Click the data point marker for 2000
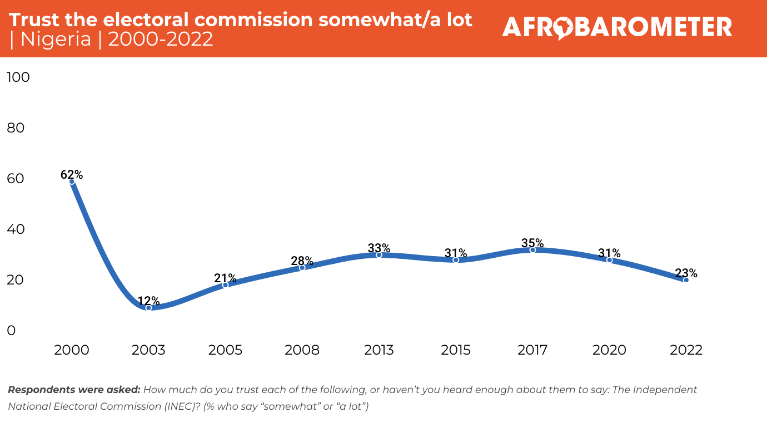(72, 181)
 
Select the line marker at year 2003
(148, 307)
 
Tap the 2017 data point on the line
(532, 250)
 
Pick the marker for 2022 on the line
(686, 280)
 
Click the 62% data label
(72, 175)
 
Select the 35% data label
(532, 243)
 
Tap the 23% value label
(686, 273)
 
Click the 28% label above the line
(302, 261)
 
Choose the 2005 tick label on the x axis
(225, 350)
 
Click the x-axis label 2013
(378, 350)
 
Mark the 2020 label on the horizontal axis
(609, 350)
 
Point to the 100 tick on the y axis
(17, 77)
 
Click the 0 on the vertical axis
(11, 331)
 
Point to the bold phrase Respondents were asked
(74, 390)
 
